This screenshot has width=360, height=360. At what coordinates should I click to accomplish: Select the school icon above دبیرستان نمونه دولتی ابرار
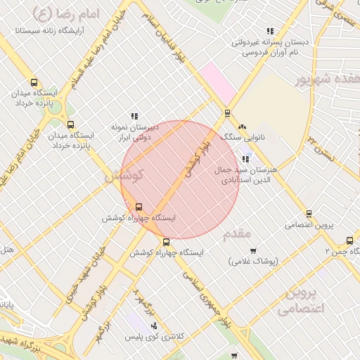pos(134,116)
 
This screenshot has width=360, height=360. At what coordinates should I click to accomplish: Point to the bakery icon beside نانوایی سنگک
pos(242,127)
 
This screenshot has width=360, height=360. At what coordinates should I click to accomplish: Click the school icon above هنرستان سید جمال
pos(245,159)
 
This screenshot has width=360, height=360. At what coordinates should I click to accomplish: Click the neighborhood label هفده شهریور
pos(329,79)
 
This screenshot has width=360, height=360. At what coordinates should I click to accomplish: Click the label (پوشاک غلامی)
pos(254,261)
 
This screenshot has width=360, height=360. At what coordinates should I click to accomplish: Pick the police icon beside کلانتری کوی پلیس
pos(153,326)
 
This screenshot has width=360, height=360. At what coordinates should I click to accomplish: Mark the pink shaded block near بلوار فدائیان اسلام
pos(217,83)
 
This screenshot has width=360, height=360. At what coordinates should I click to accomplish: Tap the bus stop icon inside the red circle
pos(139,207)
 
